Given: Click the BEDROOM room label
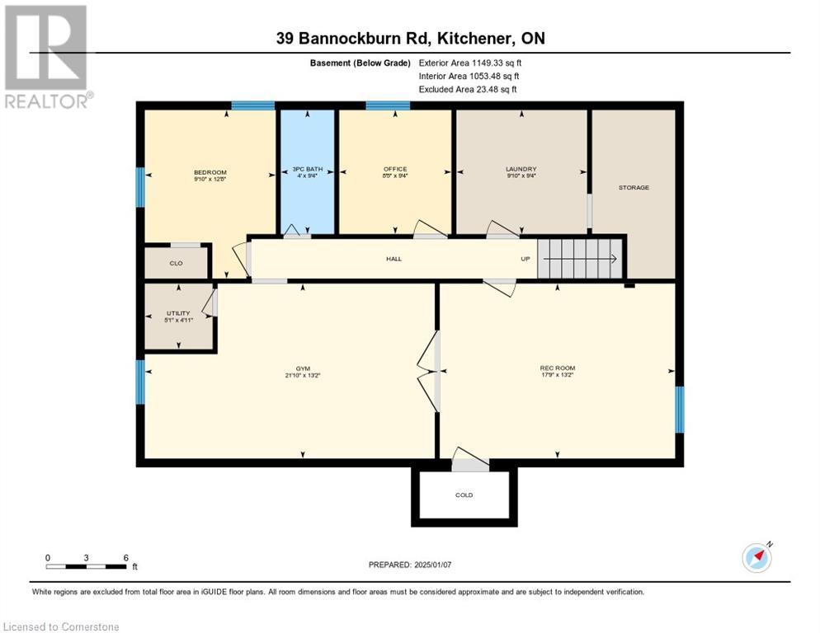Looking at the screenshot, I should (x=210, y=172).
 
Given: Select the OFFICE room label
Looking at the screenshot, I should (x=395, y=169).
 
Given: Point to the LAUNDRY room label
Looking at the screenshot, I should (x=521, y=169).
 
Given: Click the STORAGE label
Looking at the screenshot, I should (x=634, y=187).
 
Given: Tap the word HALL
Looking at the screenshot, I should (x=394, y=259).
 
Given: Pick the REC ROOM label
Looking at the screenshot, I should (x=557, y=368).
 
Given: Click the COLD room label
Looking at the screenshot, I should (x=464, y=495).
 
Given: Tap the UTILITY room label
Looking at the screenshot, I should (x=178, y=313).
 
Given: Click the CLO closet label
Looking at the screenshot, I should (x=176, y=263).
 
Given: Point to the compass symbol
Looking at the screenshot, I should (x=756, y=557).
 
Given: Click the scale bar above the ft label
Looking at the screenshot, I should (x=86, y=566).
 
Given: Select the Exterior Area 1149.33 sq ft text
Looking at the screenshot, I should (x=470, y=63).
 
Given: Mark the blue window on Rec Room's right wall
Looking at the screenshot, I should (x=679, y=410).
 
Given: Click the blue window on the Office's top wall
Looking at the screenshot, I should (x=387, y=105).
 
